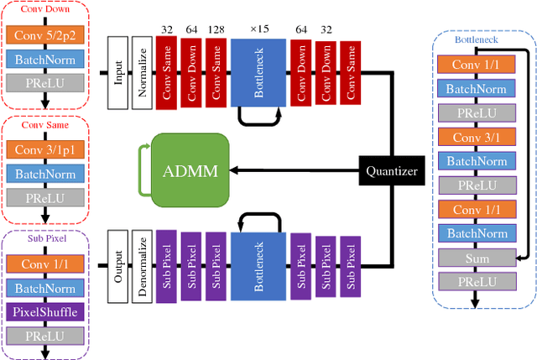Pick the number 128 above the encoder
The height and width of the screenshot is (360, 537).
click(216, 29)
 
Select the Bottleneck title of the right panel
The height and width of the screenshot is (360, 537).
click(476, 39)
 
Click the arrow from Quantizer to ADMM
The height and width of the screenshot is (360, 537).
click(294, 170)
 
